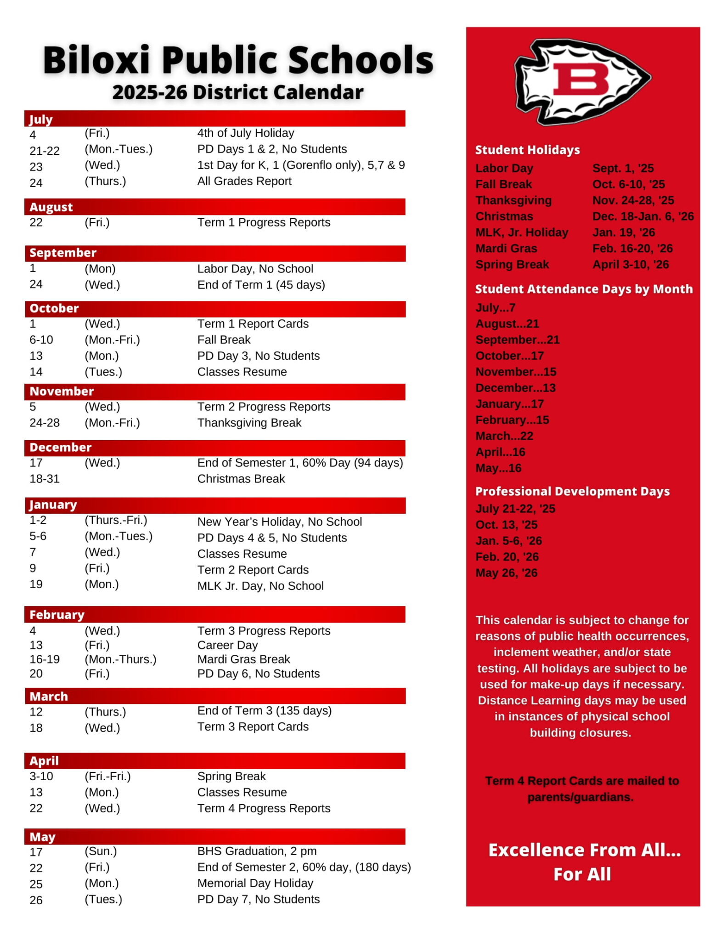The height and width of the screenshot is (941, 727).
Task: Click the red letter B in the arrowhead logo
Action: tap(580, 79)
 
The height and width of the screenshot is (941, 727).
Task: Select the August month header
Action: tap(51, 207)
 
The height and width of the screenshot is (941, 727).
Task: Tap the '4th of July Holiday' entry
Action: tap(245, 133)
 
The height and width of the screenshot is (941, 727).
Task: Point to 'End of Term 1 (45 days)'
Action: tap(261, 285)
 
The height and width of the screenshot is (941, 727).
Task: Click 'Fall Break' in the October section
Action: tap(224, 340)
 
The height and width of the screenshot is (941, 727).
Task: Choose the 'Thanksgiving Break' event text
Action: tap(249, 423)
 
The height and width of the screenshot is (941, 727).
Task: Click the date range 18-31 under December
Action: tap(45, 479)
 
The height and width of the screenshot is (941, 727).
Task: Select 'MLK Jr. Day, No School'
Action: tap(260, 586)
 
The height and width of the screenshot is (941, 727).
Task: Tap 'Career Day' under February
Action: tap(227, 645)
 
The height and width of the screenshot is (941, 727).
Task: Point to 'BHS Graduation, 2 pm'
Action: tap(257, 851)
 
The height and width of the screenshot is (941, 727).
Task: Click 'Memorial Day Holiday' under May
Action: tap(255, 883)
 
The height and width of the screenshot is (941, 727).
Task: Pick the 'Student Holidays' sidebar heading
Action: tap(527, 150)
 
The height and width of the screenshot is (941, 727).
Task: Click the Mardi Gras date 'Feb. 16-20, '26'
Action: tap(632, 249)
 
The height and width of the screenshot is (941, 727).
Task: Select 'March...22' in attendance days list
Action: tap(504, 436)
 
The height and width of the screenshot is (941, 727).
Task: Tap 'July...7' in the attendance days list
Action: tap(495, 307)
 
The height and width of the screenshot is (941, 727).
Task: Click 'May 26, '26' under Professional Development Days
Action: tap(506, 573)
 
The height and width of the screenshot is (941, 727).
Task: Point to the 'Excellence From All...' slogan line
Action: tap(584, 850)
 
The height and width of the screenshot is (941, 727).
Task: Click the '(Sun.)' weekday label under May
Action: tap(101, 851)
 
